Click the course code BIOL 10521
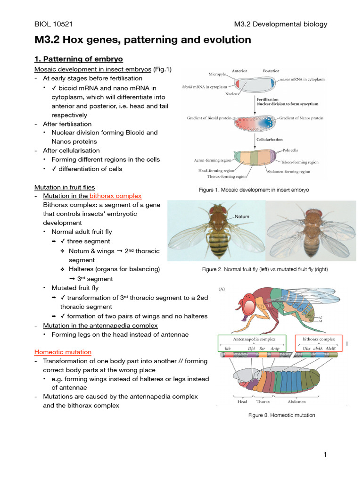(x=53, y=24)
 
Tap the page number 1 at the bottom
(x=325, y=454)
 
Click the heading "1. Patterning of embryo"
(x=79, y=59)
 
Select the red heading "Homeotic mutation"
(x=63, y=352)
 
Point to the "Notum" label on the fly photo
(x=241, y=217)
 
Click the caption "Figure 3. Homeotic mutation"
(x=281, y=415)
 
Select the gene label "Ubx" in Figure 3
(x=306, y=349)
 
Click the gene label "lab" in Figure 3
(x=228, y=349)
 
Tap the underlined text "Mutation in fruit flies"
(x=65, y=187)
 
